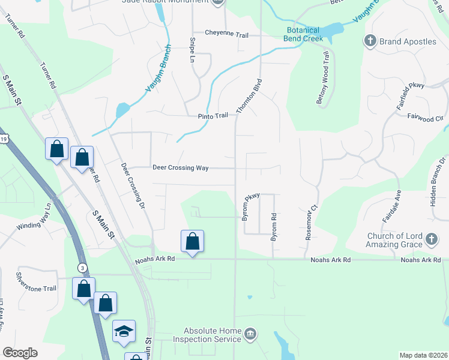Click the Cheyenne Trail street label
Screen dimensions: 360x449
click(226, 34)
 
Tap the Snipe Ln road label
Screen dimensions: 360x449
click(193, 50)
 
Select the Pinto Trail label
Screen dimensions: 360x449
click(214, 116)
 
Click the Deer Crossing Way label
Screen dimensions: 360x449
click(180, 168)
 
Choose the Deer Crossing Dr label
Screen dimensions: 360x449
click(133, 185)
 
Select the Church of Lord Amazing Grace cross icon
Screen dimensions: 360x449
click(430, 240)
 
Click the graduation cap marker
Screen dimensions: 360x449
click(124, 331)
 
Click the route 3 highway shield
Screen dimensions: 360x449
click(81, 267)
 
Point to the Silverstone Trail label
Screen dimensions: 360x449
click(36, 288)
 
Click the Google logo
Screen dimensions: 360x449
click(20, 353)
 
